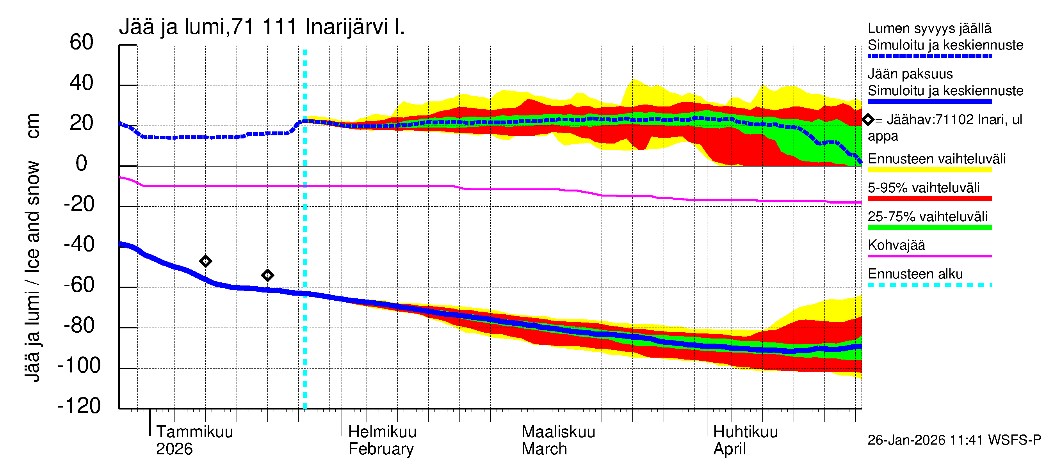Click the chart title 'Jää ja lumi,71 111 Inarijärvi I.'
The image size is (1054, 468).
pos(262,27)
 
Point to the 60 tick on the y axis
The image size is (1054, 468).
pos(82,42)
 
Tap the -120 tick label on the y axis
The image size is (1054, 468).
pos(79,406)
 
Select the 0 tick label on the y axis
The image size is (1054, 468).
pos(82,163)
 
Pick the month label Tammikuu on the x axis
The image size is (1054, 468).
pos(194,432)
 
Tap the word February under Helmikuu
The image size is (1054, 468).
pos(381,449)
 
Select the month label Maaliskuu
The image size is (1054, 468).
pos(558,432)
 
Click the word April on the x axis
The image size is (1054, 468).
pos(730,449)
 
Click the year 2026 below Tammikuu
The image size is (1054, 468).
pos(174,449)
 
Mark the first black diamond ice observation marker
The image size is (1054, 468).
pos(206,261)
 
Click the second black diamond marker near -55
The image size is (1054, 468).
pos(267,275)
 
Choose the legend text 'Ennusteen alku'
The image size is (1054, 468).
pos(915,274)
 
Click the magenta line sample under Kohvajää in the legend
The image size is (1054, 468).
pos(929,256)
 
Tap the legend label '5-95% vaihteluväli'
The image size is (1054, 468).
pos(924,188)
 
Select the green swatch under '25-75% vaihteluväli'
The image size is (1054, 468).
pos(929,228)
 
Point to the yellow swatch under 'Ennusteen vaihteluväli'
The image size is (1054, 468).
pos(929,170)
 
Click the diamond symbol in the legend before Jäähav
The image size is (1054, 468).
pos(868,120)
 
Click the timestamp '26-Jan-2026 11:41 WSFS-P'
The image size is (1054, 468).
pos(954,440)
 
